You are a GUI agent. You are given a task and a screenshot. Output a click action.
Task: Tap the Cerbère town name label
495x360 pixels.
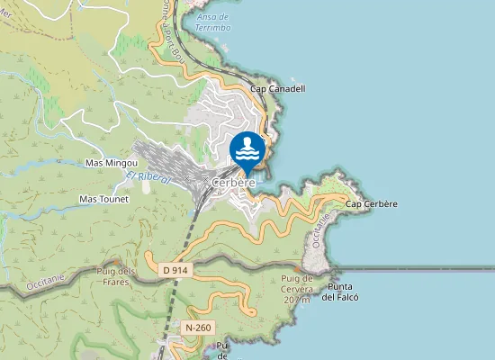[x=234, y=183]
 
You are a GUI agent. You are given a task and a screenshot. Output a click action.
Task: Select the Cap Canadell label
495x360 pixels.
[x=278, y=89]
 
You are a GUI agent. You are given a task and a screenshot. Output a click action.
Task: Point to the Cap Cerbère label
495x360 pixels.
[x=372, y=204]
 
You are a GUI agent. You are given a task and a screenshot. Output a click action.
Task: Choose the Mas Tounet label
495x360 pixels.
[x=104, y=198]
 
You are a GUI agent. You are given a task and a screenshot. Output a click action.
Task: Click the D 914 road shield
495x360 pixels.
[x=175, y=269]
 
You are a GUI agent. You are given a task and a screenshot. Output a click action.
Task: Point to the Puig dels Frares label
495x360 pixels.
[x=114, y=276]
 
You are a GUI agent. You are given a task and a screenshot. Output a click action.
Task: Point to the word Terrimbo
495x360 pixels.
[x=212, y=28]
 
